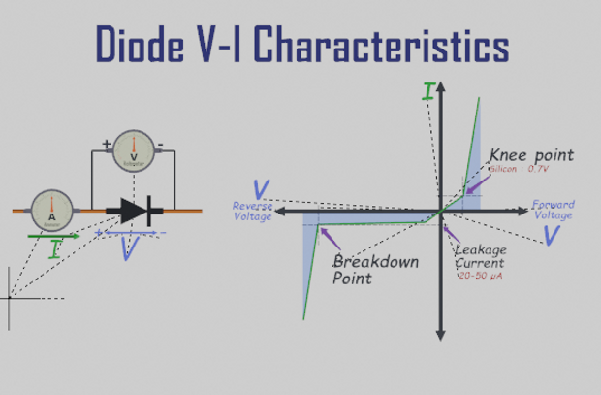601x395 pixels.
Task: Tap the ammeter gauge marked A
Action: [x=51, y=210]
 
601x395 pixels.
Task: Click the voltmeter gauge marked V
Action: [x=134, y=150]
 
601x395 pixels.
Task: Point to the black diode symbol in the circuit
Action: [x=130, y=210]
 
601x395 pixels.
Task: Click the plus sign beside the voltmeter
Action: [x=107, y=145]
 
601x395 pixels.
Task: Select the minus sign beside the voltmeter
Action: [x=160, y=145]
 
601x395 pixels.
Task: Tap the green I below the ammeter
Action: [x=54, y=248]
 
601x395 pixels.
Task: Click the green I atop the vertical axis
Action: [x=427, y=92]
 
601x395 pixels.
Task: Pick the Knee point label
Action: [x=531, y=155]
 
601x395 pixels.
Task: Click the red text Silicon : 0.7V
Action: [x=520, y=169]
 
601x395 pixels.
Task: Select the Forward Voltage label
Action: [x=553, y=210]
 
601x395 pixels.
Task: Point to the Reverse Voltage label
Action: [x=253, y=211]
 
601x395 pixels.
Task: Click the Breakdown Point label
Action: [x=375, y=270]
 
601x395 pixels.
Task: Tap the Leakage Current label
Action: [x=480, y=256]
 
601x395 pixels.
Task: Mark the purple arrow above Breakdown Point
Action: [x=330, y=239]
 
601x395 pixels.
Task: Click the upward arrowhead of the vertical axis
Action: [x=441, y=86]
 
